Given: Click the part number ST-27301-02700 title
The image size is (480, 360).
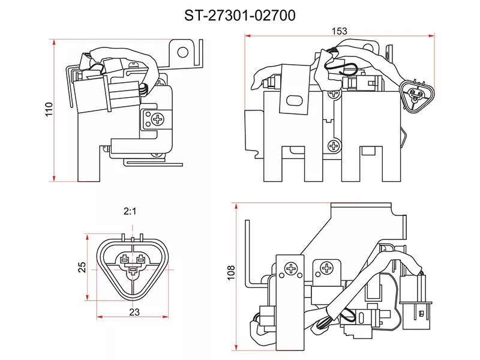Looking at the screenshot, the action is pyautogui.click(x=239, y=16).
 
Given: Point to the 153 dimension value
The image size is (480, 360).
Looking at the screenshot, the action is pyautogui.click(x=340, y=31).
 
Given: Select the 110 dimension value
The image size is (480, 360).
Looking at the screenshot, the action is pyautogui.click(x=49, y=109).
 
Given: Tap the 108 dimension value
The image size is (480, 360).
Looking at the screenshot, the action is pyautogui.click(x=231, y=272).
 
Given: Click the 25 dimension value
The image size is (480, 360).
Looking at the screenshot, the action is pyautogui.click(x=82, y=267).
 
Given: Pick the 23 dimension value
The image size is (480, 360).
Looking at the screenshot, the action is pyautogui.click(x=134, y=312).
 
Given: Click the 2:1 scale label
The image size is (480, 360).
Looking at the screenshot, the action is pyautogui.click(x=130, y=211).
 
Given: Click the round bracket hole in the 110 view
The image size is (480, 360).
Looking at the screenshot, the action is pyautogui.click(x=183, y=52).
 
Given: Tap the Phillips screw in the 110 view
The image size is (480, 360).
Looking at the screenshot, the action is pyautogui.click(x=158, y=119).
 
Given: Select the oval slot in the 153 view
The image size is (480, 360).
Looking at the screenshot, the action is pyautogui.click(x=294, y=100).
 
